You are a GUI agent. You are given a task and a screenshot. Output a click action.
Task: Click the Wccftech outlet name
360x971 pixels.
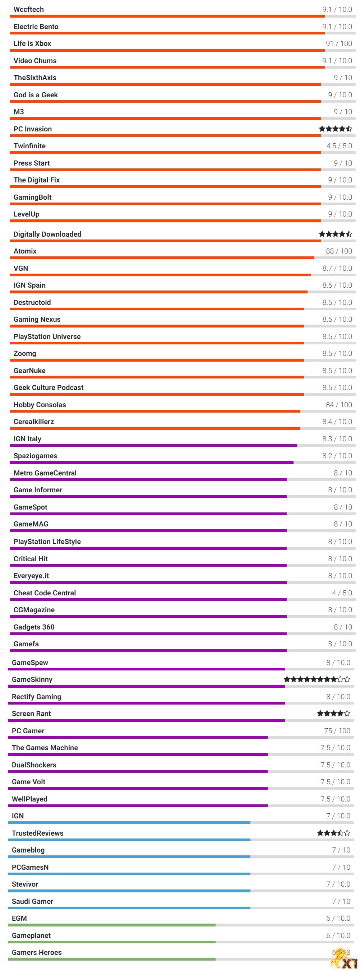click(x=29, y=9)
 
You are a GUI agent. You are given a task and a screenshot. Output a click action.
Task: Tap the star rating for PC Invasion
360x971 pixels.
click(x=335, y=129)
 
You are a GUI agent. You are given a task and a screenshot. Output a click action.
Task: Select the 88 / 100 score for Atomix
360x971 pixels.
click(x=338, y=251)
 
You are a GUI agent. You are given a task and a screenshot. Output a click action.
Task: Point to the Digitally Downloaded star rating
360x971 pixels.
click(x=335, y=234)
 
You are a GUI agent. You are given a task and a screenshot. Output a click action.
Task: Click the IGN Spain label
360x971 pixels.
click(x=29, y=285)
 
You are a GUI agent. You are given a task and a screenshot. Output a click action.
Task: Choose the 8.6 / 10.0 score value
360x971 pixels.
click(x=337, y=285)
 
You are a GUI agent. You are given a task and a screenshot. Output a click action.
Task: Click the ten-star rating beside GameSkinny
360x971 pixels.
click(x=317, y=680)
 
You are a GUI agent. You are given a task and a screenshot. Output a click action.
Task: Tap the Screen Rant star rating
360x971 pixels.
click(x=333, y=714)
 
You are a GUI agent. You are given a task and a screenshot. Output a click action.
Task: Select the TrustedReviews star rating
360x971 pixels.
click(x=333, y=833)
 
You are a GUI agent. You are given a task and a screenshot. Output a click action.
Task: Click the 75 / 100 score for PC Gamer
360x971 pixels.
click(x=337, y=731)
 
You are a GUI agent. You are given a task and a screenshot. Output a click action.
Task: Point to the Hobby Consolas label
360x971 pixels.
click(x=40, y=405)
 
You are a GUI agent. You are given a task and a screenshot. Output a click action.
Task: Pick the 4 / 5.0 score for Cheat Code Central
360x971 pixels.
click(x=342, y=593)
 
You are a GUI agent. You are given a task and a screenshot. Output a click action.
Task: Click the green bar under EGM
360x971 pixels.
click(x=112, y=925)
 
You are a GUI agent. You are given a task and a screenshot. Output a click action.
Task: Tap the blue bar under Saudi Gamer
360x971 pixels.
click(x=129, y=908)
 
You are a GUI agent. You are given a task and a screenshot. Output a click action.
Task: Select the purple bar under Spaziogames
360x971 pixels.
click(x=152, y=463)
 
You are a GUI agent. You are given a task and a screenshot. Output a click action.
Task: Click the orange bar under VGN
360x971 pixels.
click(x=160, y=275)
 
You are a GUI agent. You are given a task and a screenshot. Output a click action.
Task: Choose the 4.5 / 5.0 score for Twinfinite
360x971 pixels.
click(x=339, y=146)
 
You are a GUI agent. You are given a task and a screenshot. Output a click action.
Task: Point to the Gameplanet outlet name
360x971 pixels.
click(x=31, y=935)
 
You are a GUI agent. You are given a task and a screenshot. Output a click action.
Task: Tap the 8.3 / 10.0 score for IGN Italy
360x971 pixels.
click(x=337, y=439)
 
